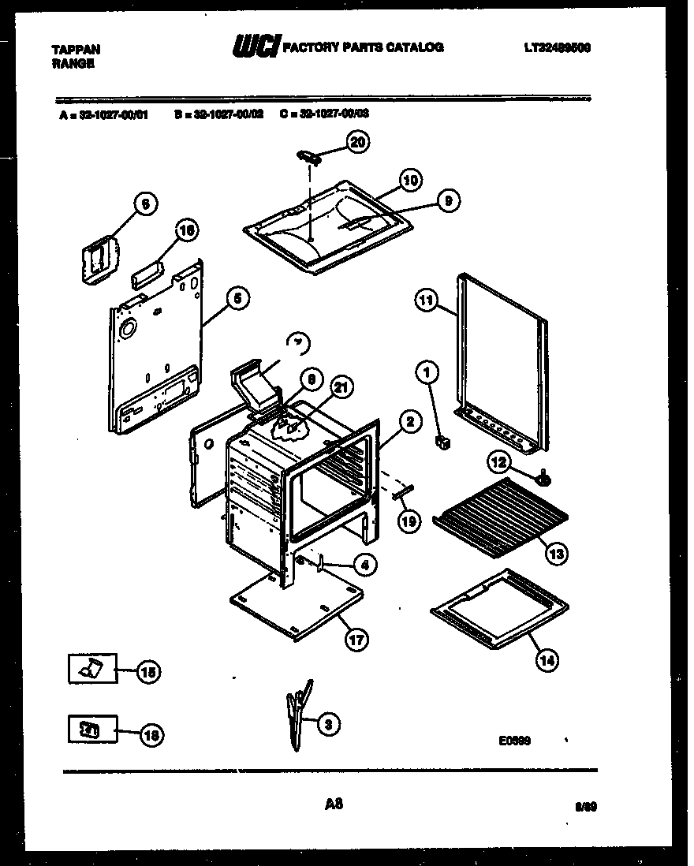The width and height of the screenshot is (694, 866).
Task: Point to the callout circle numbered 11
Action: click(426, 300)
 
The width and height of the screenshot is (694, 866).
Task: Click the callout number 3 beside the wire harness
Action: click(331, 722)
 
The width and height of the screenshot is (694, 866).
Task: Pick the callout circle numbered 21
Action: click(342, 387)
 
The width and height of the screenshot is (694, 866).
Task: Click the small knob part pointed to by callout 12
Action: click(544, 476)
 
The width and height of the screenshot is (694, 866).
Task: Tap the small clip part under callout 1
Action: click(444, 444)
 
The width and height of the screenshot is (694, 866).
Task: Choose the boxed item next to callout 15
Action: click(91, 670)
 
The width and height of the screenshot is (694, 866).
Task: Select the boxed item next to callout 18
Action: click(91, 730)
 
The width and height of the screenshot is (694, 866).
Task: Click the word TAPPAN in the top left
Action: click(76, 49)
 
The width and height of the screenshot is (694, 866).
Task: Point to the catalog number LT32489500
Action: click(557, 48)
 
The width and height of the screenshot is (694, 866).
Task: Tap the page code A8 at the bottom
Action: click(334, 804)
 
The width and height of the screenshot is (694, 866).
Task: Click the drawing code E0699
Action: click(514, 741)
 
